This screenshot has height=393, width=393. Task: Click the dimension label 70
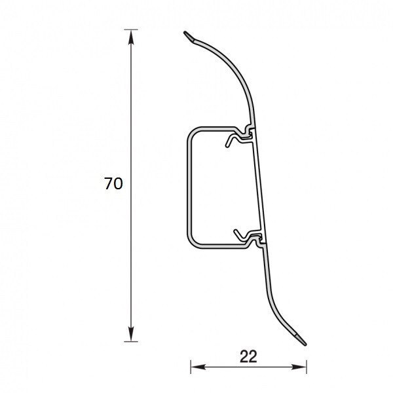click(113, 183)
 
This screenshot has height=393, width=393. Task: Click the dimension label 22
click(248, 356)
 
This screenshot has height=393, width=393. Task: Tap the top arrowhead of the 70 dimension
click(131, 37)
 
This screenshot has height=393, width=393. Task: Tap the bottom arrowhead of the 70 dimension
click(131, 334)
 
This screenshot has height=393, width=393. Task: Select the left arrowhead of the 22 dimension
click(198, 367)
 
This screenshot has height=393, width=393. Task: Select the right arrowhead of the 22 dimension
click(299, 367)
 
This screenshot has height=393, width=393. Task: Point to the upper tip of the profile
click(185, 33)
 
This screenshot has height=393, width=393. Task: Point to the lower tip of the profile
click(305, 344)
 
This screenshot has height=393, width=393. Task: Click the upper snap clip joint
click(248, 132)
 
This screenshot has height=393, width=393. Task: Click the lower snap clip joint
click(257, 240)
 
